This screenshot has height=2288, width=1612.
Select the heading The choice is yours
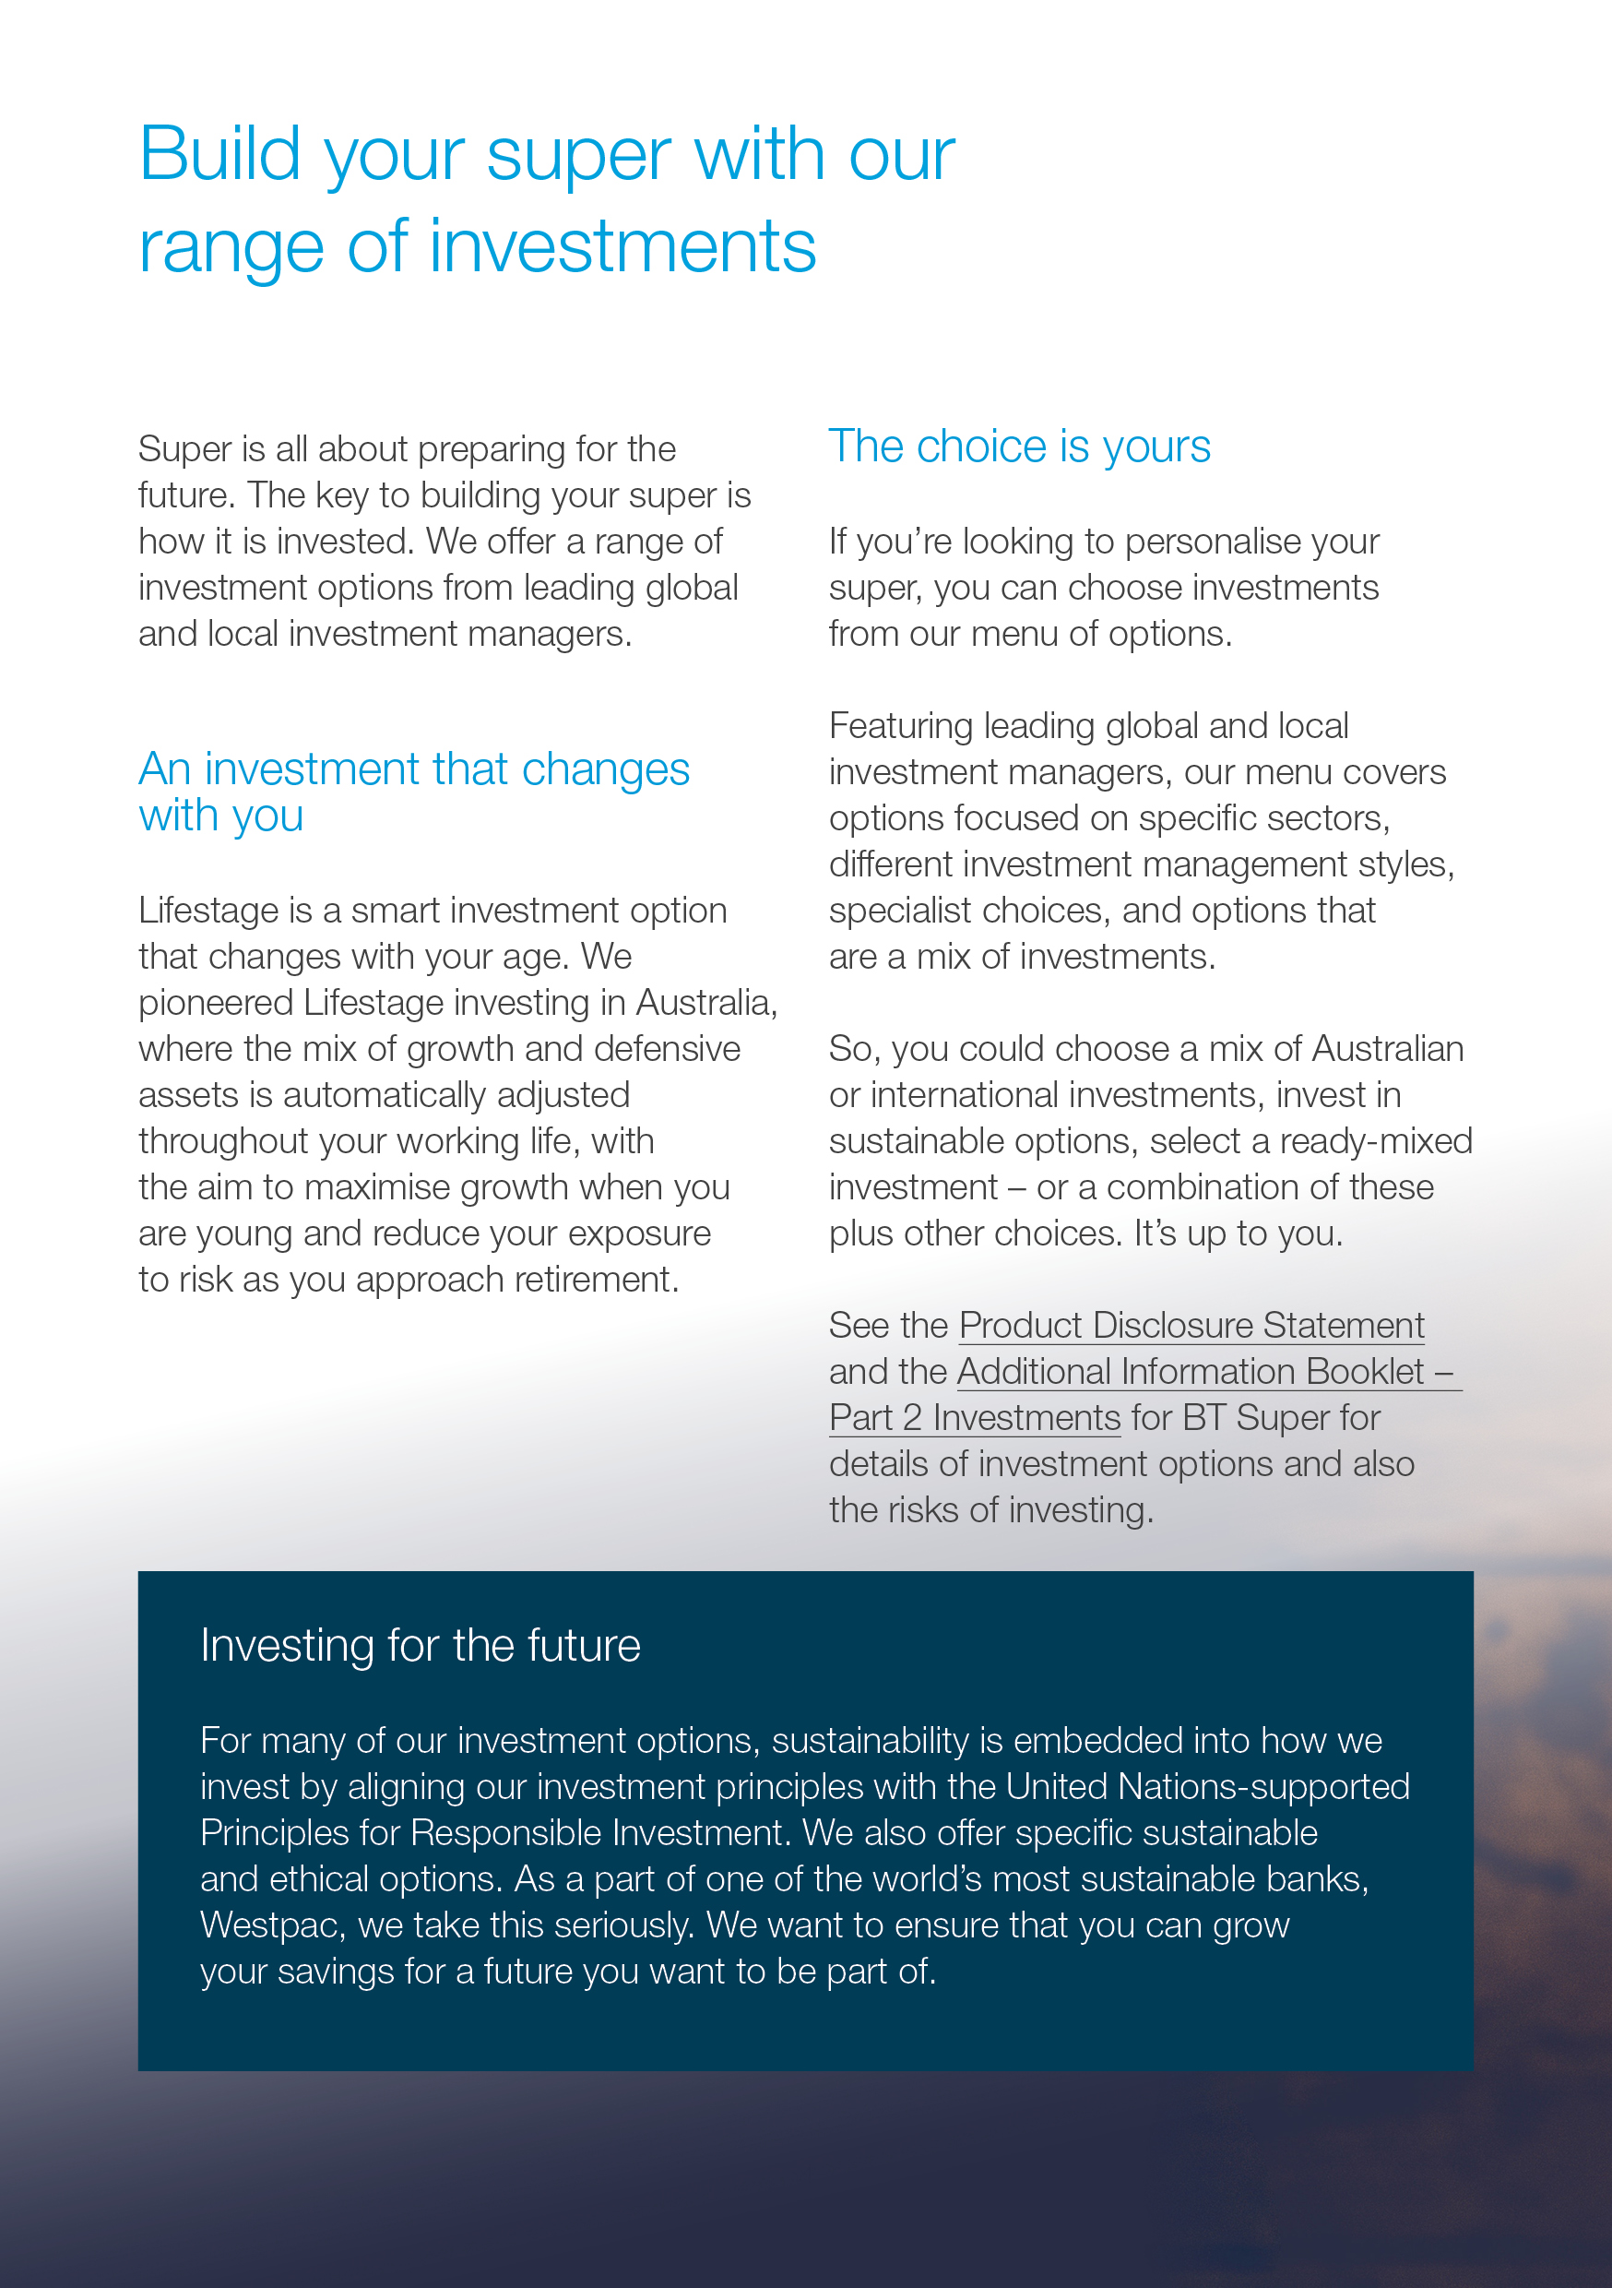point(1019,447)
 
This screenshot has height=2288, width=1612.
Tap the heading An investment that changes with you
point(413,792)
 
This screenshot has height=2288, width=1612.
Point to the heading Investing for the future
point(420,1645)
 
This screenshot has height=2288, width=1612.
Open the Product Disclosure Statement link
point(1191,1326)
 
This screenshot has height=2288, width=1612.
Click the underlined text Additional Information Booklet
point(1191,1372)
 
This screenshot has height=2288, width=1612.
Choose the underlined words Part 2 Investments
point(975,1418)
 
